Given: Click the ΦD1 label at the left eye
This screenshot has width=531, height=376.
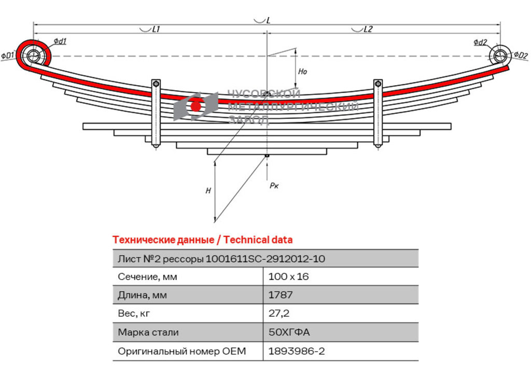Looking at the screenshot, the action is coord(7,55).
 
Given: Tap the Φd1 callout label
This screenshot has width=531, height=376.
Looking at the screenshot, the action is coord(60,42).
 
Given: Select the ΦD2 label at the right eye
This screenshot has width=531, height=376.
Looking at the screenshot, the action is coord(521,55).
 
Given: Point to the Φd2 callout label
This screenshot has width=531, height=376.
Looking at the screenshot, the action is coord(480,42).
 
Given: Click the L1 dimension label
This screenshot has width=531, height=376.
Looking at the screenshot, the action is coord(156,29).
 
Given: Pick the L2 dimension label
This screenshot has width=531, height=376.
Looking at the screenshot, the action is coord(368,29).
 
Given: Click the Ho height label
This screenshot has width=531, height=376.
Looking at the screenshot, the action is coord(302,71).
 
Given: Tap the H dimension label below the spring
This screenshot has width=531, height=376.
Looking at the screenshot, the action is coord(208,191).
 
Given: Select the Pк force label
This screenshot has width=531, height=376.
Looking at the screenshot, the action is coord(274,185).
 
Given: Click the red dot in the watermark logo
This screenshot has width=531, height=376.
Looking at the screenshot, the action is coord(195,106).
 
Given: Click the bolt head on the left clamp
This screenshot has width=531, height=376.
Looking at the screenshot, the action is coord(156,84).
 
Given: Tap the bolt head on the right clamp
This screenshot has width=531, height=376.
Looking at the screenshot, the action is coord(378,84).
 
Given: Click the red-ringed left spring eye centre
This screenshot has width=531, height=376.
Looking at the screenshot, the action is coord(33,56).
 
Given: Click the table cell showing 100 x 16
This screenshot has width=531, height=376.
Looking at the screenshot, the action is coord(288,277).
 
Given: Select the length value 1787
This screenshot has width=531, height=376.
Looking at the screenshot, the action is coord(281,295).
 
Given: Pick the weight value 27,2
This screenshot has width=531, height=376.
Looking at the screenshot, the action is coord(278,313).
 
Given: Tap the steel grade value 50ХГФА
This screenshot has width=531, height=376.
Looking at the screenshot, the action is coord(289,332).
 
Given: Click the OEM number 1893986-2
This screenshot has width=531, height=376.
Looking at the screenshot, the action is coord(297,351).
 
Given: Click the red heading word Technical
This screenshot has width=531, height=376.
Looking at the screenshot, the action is coord(242,240).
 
